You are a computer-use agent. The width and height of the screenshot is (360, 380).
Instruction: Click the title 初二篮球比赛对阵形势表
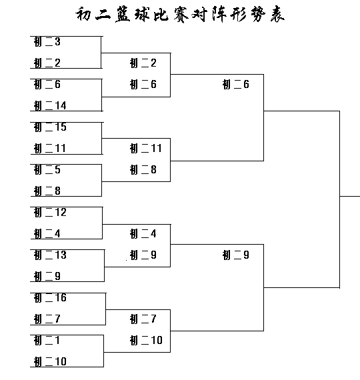pyautogui.click(x=180, y=14)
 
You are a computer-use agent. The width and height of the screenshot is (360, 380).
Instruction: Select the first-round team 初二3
pyautogui.click(x=47, y=42)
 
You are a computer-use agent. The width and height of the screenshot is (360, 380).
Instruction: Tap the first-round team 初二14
pyautogui.click(x=50, y=105)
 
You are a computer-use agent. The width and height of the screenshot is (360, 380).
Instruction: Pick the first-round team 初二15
pyautogui.click(x=50, y=127)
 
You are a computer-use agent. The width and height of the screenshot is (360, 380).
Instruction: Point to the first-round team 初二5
pyautogui.click(x=47, y=169)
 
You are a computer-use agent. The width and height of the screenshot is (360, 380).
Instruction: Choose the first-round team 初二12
pyautogui.click(x=50, y=212)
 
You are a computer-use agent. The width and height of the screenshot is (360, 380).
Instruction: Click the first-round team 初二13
pyautogui.click(x=50, y=255)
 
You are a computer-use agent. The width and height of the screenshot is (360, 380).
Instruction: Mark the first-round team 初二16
pyautogui.click(x=50, y=297)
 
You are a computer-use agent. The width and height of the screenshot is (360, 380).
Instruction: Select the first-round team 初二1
pyautogui.click(x=47, y=340)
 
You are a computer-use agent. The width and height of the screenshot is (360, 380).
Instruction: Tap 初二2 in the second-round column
pyautogui.click(x=143, y=63)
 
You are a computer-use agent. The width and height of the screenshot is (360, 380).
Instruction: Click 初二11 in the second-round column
pyautogui.click(x=146, y=148)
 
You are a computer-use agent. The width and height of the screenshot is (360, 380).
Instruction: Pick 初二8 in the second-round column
pyautogui.click(x=143, y=169)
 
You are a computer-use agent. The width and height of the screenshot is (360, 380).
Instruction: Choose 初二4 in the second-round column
pyautogui.click(x=143, y=233)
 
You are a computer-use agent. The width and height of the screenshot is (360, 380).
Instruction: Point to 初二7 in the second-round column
pyautogui.click(x=143, y=319)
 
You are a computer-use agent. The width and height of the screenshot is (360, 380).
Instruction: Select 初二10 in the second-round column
pyautogui.click(x=146, y=340)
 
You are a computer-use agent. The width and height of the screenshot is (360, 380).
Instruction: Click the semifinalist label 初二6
pyautogui.click(x=236, y=85)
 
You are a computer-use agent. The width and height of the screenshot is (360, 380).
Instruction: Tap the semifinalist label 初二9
pyautogui.click(x=236, y=255)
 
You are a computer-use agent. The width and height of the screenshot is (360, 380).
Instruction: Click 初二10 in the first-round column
pyautogui.click(x=50, y=361)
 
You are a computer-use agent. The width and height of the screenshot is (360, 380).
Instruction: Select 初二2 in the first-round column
pyautogui.click(x=47, y=63)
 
